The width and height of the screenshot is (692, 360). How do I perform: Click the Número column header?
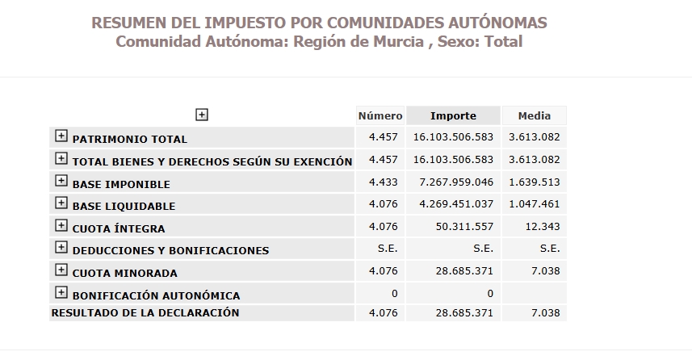click(x=380, y=116)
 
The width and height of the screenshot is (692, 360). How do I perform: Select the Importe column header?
click(x=453, y=116)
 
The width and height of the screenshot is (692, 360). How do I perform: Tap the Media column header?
click(x=534, y=116)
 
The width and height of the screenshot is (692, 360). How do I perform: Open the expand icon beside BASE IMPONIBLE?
click(x=61, y=182)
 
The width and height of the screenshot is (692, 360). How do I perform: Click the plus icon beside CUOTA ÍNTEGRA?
click(x=61, y=226)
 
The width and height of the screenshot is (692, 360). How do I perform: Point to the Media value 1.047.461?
click(x=534, y=205)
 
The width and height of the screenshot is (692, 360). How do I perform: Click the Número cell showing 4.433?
click(x=383, y=182)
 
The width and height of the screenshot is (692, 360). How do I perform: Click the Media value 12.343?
click(x=542, y=227)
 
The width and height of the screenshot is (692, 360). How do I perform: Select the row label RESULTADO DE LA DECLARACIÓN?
click(x=145, y=312)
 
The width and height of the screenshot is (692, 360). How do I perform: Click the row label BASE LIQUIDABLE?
click(x=124, y=206)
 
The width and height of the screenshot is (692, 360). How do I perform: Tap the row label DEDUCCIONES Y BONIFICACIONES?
click(x=170, y=250)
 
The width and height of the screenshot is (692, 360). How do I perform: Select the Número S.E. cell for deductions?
click(x=388, y=249)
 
